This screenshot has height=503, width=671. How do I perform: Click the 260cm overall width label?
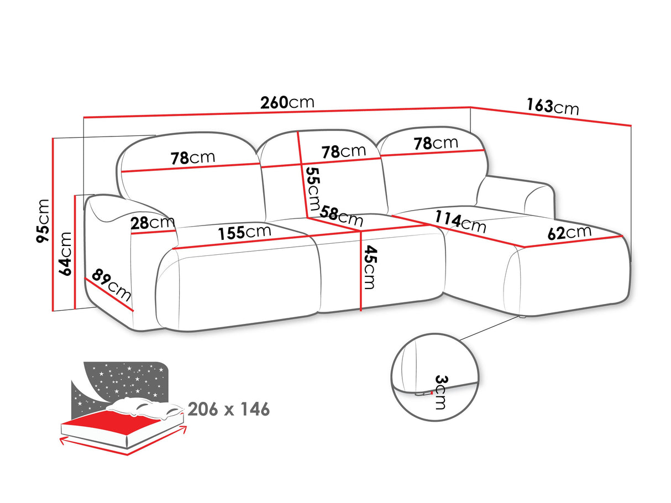coord(287,102)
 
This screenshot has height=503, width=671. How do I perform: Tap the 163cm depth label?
coord(553,107)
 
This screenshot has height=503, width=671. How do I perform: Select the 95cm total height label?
coord(43,221)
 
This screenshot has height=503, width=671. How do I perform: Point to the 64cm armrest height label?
coord(65,253)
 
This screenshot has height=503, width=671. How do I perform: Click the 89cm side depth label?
coord(112,285)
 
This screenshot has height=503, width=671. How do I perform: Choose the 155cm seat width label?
coord(244,232)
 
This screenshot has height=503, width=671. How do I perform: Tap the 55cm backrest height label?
coord(313,188)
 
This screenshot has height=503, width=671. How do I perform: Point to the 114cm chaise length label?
coord(460,222)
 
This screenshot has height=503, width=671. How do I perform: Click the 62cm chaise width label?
coord(569,233)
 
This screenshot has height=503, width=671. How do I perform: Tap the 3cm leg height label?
coord(441,392)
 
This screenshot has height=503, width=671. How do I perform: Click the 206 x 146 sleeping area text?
coord(229,409)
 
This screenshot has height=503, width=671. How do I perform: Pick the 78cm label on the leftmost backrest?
coord(193,158)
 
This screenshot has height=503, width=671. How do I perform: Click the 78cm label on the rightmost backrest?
coord(436,143)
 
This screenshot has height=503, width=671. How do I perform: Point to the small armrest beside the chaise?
coord(516,195)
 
